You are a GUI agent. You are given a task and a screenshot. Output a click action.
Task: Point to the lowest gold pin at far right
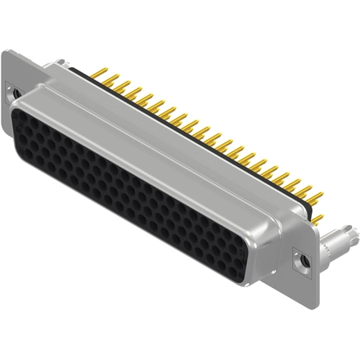pyautogui.click(x=317, y=219)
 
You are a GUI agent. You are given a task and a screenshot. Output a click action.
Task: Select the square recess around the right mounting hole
pyautogui.click(x=303, y=261)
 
